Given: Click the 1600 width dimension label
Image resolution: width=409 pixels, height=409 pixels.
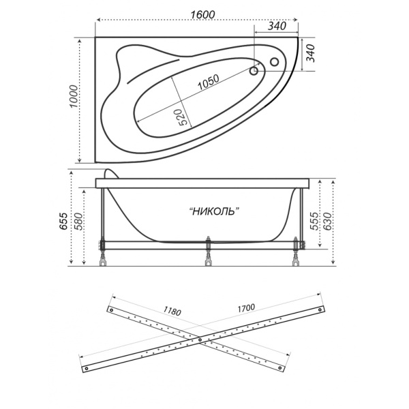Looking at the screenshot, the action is (x=202, y=14).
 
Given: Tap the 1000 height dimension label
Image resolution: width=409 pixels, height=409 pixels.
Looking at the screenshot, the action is (x=74, y=96).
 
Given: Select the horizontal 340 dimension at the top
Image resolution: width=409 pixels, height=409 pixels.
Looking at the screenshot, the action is (x=277, y=26).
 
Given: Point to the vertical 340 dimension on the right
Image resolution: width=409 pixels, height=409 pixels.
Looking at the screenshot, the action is (x=310, y=53).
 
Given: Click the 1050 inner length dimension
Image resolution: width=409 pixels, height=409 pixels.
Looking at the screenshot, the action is (x=208, y=82).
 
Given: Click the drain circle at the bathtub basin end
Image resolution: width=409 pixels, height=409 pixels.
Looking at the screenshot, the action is (x=254, y=71).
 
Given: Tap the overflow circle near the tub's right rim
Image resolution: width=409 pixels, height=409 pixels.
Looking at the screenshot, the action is (x=275, y=62).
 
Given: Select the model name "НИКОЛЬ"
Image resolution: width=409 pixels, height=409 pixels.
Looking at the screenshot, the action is (x=214, y=211).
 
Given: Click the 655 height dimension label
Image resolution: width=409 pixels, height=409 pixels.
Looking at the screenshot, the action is (x=63, y=221).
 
